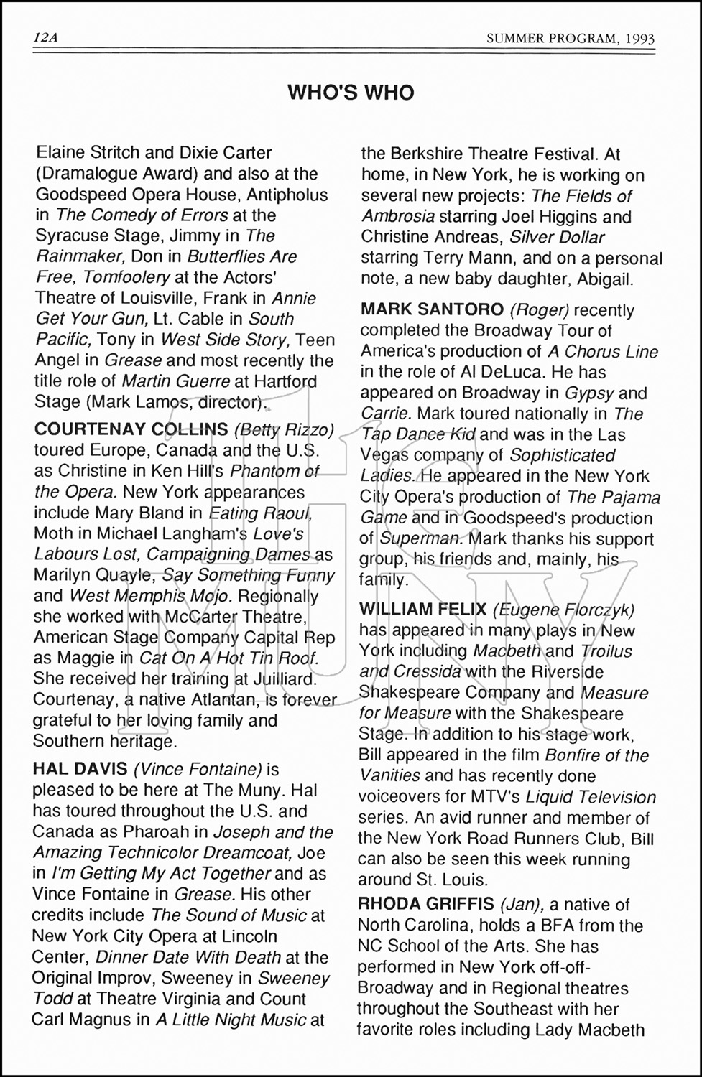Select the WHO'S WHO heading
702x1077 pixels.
pos(351,93)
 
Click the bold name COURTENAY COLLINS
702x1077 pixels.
pos(131,429)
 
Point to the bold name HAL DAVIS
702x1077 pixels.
pos(80,770)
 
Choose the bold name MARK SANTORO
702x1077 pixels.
pos(432,309)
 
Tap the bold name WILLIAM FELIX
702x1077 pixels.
pos(422,610)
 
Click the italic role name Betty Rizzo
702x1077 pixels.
pos(285,429)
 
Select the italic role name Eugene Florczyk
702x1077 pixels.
pos(563,610)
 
